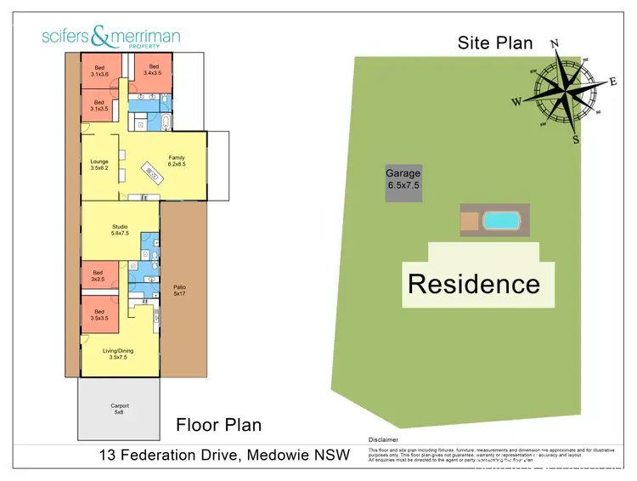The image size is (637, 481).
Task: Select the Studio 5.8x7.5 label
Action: pos(120,230)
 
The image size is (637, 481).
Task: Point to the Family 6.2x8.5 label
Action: pos(176,161)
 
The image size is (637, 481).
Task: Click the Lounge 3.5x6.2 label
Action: pos(99,165)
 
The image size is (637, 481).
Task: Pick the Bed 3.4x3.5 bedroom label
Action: pos(154,70)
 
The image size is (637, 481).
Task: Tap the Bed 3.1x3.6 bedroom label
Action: pos(99,70)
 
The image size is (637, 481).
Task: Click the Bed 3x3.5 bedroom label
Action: pos(98,275)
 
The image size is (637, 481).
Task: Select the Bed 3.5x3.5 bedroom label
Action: pos(99,314)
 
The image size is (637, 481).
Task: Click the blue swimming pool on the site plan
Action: pos(500,221)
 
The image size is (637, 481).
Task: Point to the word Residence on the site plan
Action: pos(473,283)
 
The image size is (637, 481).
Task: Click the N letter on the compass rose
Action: pos(555,44)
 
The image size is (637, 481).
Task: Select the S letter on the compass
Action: pos(576,140)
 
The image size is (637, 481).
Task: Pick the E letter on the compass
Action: pos(612,82)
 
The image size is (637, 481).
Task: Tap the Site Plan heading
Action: pos(495,42)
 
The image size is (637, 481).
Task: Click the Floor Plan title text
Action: pos(218,424)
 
